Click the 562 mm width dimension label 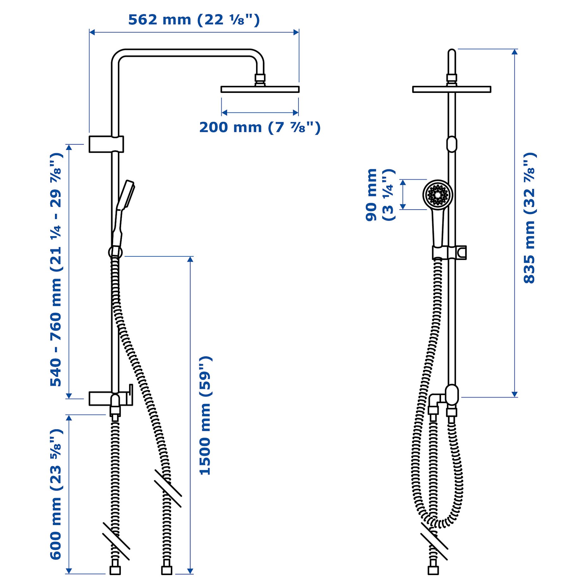[x=193, y=20]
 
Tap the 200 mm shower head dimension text [x=260, y=127]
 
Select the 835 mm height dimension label [x=529, y=218]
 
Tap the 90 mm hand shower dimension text [x=379, y=195]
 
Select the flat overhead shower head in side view [x=260, y=89]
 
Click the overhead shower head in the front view [x=451, y=89]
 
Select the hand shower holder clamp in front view [x=449, y=253]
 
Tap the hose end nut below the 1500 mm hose [x=167, y=570]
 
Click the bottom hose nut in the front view [x=433, y=570]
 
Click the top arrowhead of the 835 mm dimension [x=515, y=52]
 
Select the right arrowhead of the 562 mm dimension [x=296, y=32]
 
